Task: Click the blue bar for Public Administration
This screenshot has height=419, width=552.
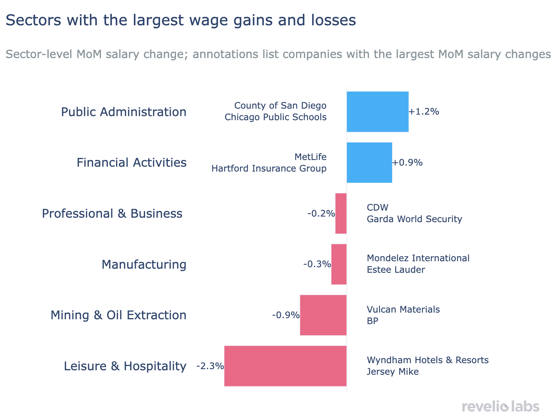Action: (x=378, y=112)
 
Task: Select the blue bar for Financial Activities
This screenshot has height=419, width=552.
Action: (x=369, y=163)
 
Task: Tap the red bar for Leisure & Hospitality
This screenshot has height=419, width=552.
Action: (x=285, y=366)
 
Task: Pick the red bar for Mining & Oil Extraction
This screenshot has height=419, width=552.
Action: (x=323, y=315)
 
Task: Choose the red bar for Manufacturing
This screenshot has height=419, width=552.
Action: (x=339, y=264)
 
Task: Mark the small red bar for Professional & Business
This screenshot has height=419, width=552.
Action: (x=341, y=214)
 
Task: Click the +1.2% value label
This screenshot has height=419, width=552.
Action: (x=424, y=112)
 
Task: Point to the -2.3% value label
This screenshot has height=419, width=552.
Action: (x=210, y=366)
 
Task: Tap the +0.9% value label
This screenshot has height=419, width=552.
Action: (x=407, y=163)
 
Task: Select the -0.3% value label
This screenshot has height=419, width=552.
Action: (x=317, y=265)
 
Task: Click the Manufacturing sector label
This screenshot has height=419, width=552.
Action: (x=144, y=265)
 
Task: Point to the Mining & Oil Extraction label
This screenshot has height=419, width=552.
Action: (x=118, y=315)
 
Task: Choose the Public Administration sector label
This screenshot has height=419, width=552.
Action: (x=123, y=112)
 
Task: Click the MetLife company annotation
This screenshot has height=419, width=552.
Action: (x=310, y=157)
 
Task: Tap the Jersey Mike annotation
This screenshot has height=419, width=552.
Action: (x=392, y=372)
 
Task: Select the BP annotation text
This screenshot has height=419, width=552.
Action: (x=372, y=321)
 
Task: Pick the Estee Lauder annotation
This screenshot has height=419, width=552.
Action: (x=396, y=270)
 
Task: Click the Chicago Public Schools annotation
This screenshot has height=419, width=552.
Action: (x=275, y=117)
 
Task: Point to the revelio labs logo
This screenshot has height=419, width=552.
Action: (x=501, y=406)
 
